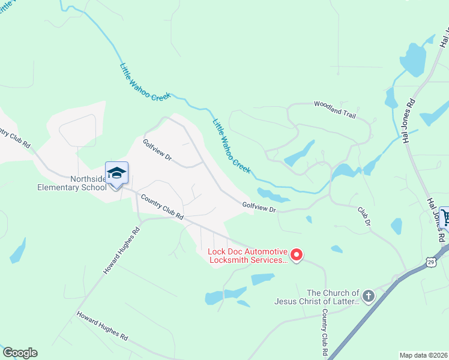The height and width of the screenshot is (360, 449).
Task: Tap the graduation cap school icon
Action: [x=116, y=173]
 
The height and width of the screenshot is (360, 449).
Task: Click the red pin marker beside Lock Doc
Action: [x=297, y=256]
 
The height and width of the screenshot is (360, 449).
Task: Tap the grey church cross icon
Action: [x=369, y=296]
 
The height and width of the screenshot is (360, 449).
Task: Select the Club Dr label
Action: [x=364, y=217]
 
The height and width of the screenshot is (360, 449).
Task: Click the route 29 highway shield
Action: [x=431, y=261]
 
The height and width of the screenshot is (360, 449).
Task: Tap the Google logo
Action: [x=20, y=353]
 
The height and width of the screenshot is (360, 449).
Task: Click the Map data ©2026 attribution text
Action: [x=423, y=355]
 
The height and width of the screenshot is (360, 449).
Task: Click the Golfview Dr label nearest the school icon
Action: [x=157, y=150]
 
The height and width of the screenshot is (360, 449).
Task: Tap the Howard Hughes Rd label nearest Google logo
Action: [x=102, y=326]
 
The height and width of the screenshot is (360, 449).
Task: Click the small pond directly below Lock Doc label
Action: [x=262, y=279]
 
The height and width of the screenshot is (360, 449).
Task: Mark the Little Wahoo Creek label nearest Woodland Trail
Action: [x=231, y=146]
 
